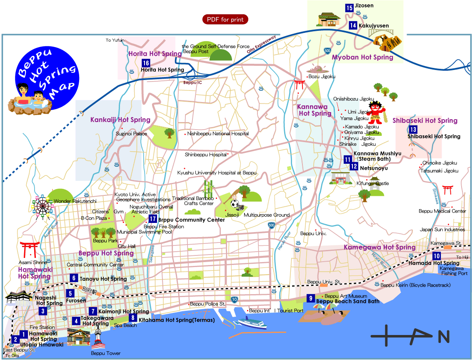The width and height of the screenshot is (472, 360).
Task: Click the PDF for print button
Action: [x=225, y=19]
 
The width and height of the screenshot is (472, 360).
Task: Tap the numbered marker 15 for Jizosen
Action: [x=349, y=7]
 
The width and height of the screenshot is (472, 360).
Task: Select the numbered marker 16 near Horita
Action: [x=145, y=63]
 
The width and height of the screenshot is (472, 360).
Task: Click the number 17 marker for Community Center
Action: [x=152, y=219]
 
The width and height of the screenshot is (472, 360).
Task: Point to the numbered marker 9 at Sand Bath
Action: [x=310, y=298]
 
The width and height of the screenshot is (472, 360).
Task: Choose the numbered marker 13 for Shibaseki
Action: [x=413, y=130]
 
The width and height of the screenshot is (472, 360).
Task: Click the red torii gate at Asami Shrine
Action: [x=29, y=249]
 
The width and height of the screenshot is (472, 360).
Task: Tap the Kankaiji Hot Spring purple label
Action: [x=120, y=120]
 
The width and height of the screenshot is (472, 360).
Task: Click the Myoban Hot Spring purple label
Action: [x=362, y=57]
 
